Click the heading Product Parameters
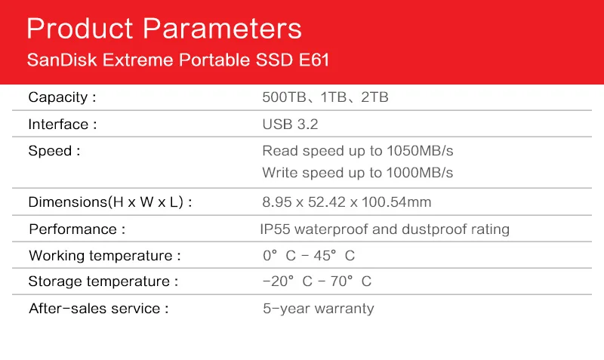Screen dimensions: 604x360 [164, 29]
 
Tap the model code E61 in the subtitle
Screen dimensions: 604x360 [314, 60]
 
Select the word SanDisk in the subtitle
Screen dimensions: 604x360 [62, 60]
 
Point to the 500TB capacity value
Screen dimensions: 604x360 [285, 97]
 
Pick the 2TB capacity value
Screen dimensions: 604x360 [374, 97]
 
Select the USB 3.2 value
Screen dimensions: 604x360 [290, 125]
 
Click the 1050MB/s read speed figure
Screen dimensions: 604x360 [420, 150]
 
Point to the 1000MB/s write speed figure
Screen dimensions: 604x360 [420, 173]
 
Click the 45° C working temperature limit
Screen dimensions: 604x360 [334, 255]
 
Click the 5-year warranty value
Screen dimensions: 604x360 [319, 309]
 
